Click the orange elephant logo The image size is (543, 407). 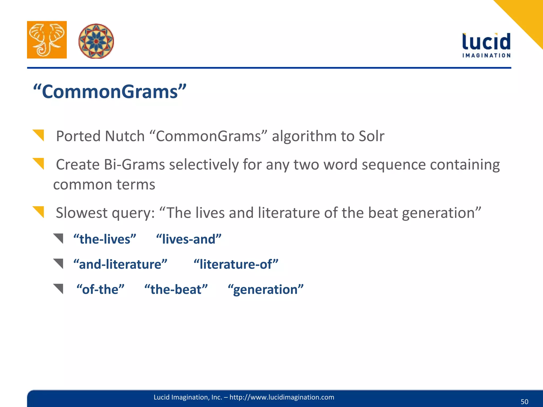click(47, 40)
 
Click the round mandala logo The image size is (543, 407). click(96, 41)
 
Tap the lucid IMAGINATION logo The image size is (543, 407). click(486, 45)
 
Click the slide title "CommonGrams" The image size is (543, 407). click(110, 92)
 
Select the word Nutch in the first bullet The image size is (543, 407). click(125, 136)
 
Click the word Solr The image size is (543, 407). click(371, 136)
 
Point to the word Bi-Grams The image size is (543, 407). click(134, 165)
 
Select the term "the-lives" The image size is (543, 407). click(105, 239)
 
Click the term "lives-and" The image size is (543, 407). click(189, 239)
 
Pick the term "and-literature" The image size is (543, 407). click(120, 264)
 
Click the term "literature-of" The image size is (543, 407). click(236, 264)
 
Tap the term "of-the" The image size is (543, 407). click(100, 289)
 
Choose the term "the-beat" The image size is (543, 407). click(176, 289)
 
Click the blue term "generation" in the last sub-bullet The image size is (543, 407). click(265, 289)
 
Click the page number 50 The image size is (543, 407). click(524, 402)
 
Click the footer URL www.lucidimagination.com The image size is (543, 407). click(282, 397)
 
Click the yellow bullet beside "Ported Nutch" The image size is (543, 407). click(39, 135)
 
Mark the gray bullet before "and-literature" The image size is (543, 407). click(59, 263)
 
